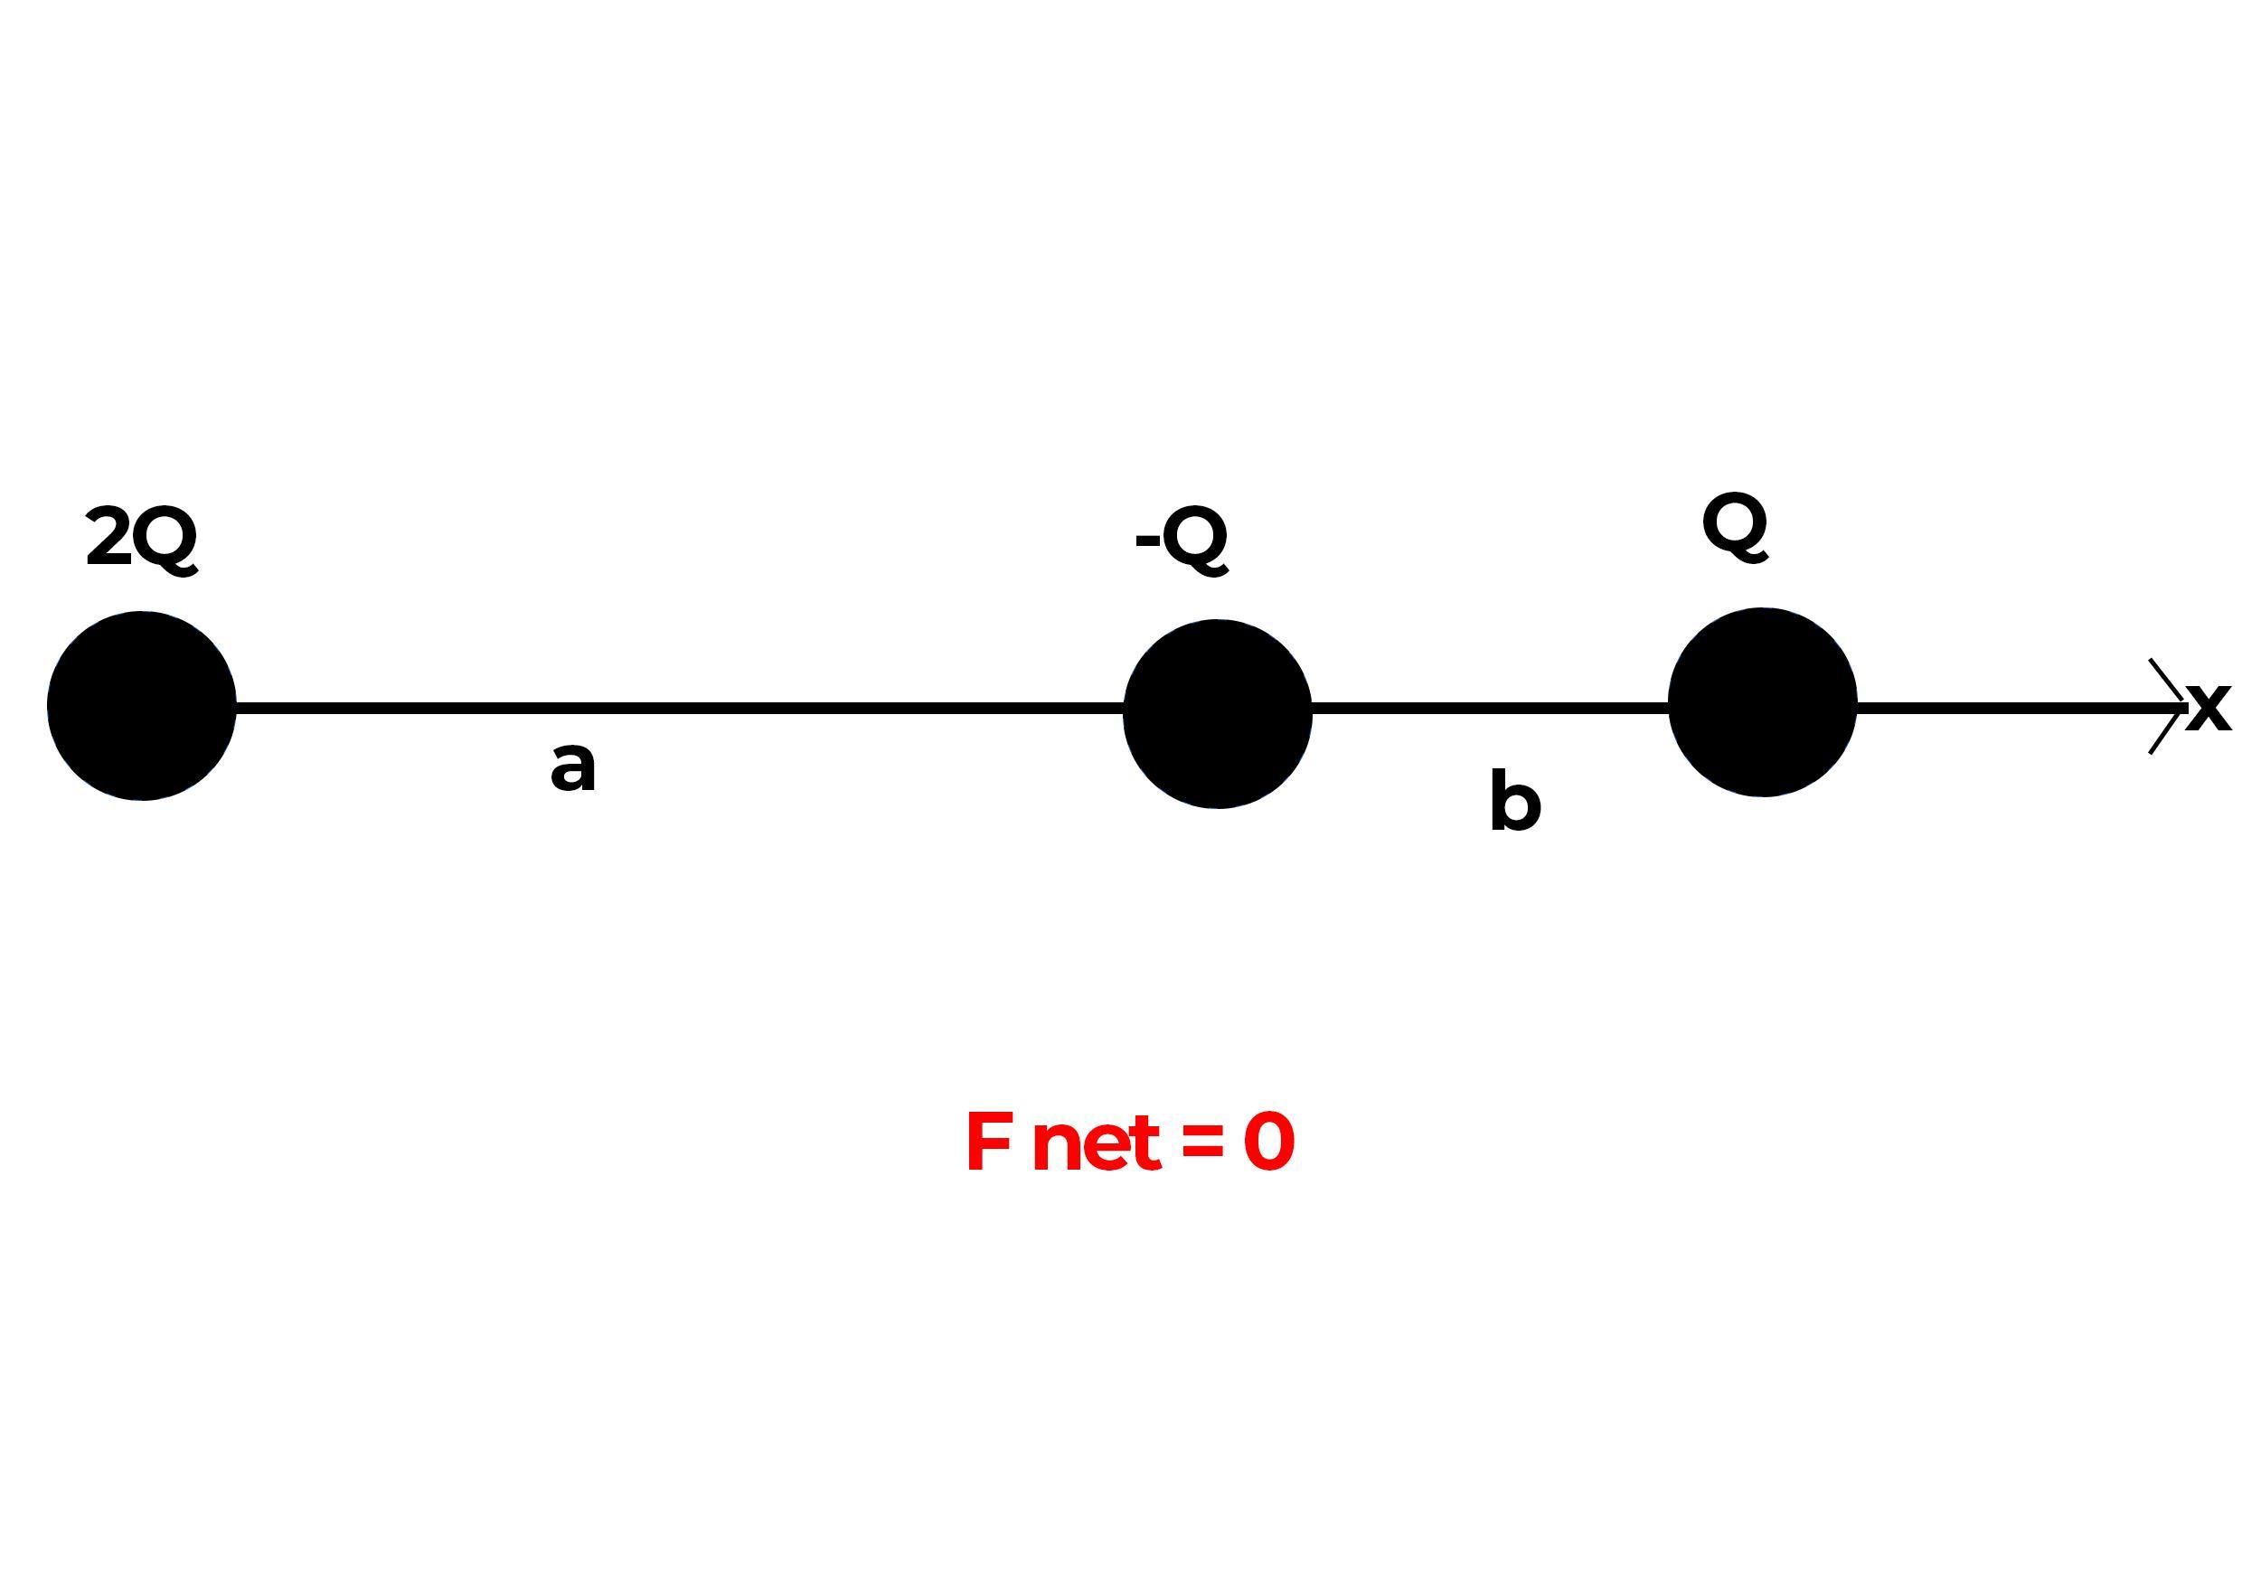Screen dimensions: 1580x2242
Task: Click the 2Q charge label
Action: coord(142,539)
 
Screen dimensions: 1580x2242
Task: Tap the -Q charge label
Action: coord(1182,539)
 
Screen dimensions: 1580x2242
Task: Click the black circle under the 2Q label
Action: coord(142,706)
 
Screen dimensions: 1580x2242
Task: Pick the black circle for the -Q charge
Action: coord(1217,713)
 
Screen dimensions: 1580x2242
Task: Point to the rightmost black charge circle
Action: coord(1762,702)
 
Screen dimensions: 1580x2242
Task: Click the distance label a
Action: coord(573,766)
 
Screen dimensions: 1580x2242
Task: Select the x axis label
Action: coord(2209,707)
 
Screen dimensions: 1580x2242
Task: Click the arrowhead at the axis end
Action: coord(2170,707)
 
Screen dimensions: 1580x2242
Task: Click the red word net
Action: coord(1096,1143)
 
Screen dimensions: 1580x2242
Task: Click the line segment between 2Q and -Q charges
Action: coord(679,708)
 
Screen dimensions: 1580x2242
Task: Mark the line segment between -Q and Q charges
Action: coord(1489,708)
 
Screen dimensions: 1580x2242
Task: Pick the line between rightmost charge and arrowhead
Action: coord(2002,708)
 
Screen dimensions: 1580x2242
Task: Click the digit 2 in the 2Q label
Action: coord(108,538)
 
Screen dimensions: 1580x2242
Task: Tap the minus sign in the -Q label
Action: coord(1147,540)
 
